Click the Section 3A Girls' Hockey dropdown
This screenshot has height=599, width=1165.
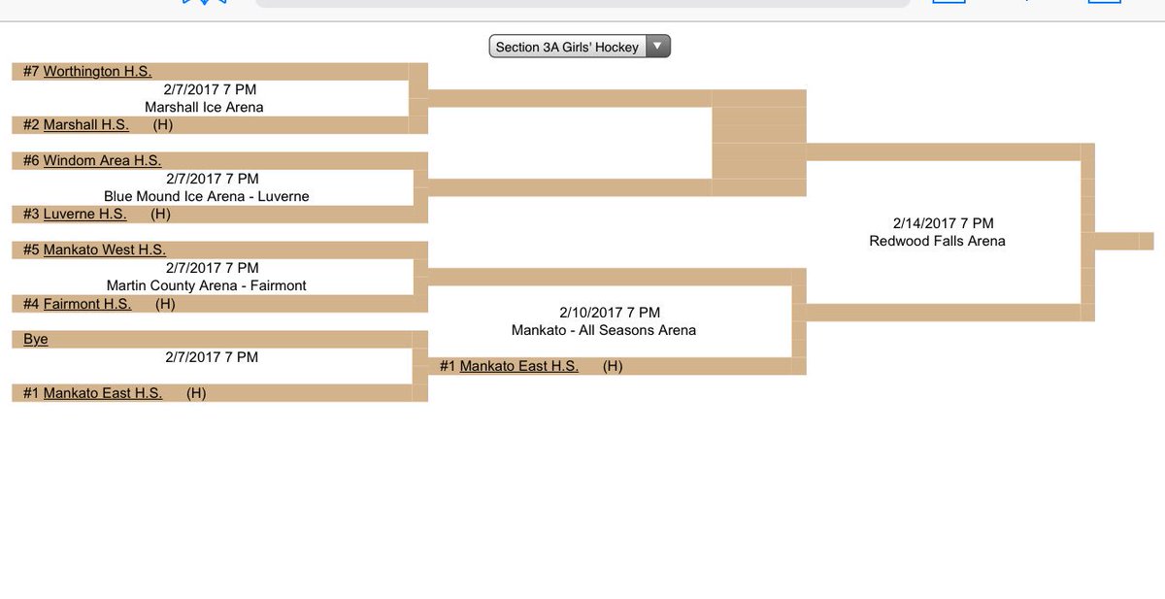(x=579, y=47)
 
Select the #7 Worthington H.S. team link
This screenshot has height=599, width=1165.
(x=97, y=72)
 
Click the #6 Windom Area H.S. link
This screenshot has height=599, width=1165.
(x=102, y=161)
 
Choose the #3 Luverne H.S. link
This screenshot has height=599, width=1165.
(x=84, y=215)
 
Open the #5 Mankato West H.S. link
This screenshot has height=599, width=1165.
(x=104, y=250)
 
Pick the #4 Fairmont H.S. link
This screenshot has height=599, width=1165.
(x=87, y=304)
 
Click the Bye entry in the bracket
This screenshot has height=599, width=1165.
(x=36, y=340)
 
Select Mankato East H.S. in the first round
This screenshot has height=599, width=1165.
(x=102, y=393)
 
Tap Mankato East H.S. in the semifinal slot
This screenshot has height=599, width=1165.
(x=518, y=366)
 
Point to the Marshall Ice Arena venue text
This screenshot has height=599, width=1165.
(x=204, y=108)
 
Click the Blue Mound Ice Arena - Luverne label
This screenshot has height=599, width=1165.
(x=206, y=197)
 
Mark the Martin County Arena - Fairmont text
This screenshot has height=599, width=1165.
(x=206, y=286)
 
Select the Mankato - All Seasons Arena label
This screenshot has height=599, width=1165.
(x=604, y=330)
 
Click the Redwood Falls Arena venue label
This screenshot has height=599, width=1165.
(x=937, y=241)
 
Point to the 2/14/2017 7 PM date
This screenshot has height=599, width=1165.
(x=943, y=223)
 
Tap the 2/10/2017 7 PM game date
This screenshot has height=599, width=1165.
(x=610, y=313)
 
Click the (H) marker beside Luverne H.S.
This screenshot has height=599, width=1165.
(x=160, y=215)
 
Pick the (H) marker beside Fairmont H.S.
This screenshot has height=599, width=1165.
(x=165, y=304)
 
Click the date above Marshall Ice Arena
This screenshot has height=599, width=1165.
(x=210, y=89)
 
